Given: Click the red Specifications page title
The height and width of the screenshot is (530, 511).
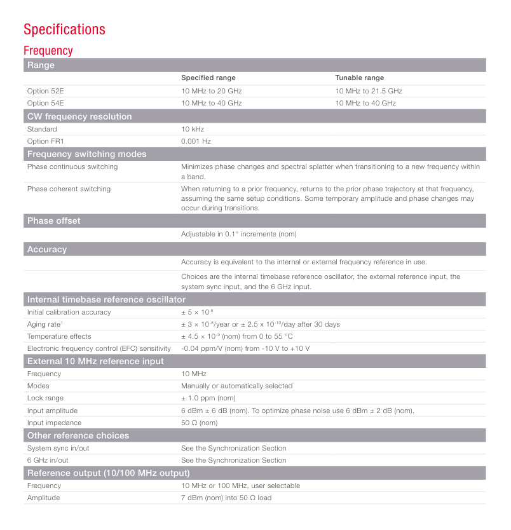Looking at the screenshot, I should tap(64, 29).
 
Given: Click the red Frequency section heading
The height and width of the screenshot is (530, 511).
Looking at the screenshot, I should tap(48, 50).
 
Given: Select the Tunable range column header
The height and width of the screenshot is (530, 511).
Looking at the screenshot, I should tap(359, 78).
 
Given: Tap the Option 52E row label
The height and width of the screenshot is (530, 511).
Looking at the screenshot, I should tap(46, 91).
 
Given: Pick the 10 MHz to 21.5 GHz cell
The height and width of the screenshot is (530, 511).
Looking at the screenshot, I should tap(369, 91).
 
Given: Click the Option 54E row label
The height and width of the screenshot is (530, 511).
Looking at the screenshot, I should tap(46, 103).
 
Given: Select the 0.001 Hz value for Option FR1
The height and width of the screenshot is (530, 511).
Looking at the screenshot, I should tap(196, 141).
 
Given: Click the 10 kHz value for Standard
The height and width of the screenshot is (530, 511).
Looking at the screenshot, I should tap(193, 129).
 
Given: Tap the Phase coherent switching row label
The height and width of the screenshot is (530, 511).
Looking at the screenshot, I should tap(69, 189).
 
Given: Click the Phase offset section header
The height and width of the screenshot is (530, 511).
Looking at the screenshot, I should tap(54, 221).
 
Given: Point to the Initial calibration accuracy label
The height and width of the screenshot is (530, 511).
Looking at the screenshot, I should tap(69, 312).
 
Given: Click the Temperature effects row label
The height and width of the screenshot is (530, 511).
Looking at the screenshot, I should tap(59, 336).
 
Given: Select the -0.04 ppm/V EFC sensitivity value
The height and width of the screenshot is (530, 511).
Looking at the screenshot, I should tap(245, 348).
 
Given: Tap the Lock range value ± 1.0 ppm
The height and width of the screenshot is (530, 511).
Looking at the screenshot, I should tap(208, 398).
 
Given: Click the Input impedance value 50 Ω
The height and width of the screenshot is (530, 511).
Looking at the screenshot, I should tap(199, 423).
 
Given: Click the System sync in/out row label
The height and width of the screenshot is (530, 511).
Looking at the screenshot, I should tap(58, 448).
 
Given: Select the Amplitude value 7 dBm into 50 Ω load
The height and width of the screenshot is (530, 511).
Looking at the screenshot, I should tap(226, 498).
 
